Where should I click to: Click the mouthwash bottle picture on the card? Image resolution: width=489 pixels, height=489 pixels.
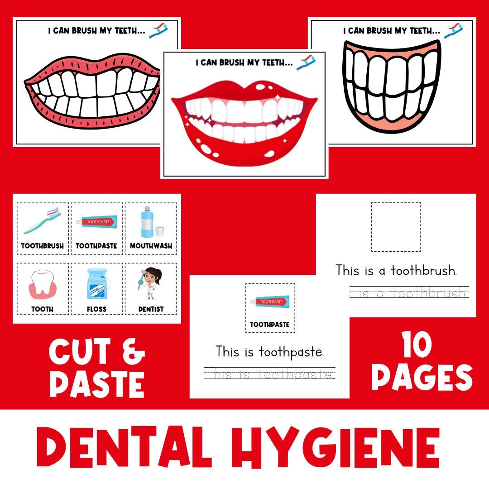point(147,222)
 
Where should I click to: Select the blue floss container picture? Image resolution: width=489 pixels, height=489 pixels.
point(96,284)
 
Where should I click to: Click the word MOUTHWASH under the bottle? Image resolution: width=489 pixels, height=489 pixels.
point(151,246)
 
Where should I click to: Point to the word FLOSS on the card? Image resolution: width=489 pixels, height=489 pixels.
point(96,309)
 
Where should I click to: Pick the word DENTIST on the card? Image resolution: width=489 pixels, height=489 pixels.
point(151,309)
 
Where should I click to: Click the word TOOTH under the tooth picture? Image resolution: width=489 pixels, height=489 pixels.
point(42,309)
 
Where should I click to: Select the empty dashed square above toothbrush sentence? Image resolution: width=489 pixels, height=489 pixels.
point(396,227)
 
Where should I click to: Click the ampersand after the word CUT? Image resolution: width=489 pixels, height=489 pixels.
point(131,352)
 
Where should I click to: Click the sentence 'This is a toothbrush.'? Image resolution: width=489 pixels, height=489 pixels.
point(396,271)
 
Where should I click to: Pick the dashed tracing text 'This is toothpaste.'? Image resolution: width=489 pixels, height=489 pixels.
point(270,374)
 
